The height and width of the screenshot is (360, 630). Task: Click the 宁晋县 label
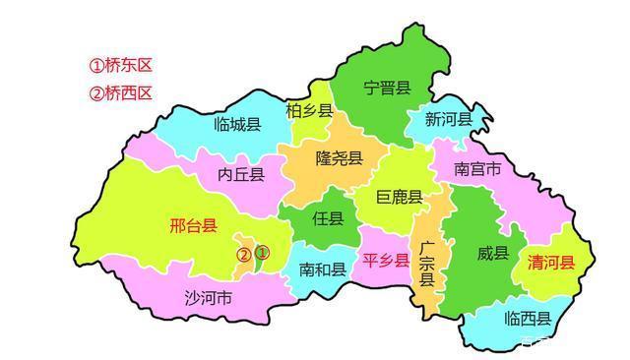386,89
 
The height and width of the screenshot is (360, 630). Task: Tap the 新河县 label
449,119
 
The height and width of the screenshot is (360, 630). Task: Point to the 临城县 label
237,125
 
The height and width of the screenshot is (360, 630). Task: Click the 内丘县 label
242,175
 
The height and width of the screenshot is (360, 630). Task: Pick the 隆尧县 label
339,158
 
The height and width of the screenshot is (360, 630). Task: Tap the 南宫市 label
477,169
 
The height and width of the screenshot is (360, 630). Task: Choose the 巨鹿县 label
400,198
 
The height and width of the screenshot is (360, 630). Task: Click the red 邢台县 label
193,226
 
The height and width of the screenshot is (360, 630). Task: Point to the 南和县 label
322,269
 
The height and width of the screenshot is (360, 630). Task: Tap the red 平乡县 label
385,261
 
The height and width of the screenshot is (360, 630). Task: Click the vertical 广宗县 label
426,263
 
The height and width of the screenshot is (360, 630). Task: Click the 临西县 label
527,319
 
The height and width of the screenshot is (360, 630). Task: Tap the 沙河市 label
209,297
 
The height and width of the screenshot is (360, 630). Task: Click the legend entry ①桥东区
121,67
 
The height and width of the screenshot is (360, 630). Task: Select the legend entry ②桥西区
121,93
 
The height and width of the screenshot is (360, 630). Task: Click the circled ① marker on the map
262,253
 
